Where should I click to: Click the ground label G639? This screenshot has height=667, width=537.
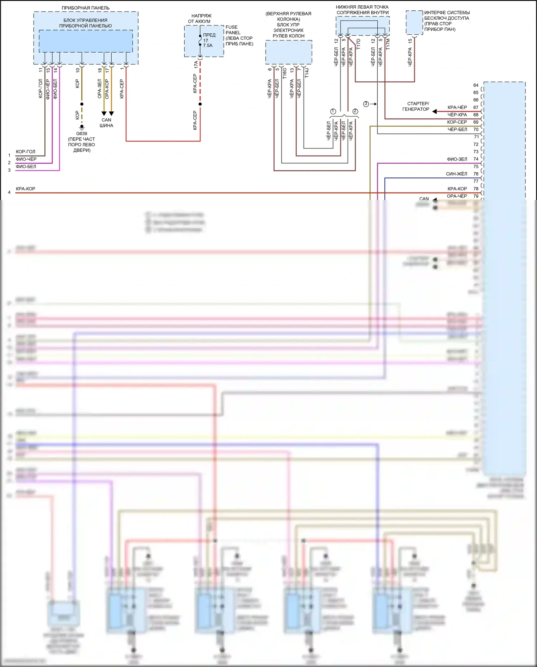pyautogui.click(x=82, y=134)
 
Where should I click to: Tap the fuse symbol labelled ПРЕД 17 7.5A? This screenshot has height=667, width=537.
pyautogui.click(x=200, y=40)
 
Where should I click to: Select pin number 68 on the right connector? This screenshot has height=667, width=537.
pyautogui.click(x=476, y=115)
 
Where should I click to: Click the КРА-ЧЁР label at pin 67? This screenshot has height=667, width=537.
pyautogui.click(x=457, y=107)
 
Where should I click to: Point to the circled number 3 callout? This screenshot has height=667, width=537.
pyautogui.click(x=366, y=104)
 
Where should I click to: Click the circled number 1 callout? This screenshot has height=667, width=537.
pyautogui.click(x=333, y=111)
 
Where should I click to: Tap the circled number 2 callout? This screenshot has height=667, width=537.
pyautogui.click(x=355, y=111)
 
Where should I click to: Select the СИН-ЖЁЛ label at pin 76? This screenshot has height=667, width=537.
pyautogui.click(x=456, y=174)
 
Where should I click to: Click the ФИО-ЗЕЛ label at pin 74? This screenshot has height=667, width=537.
pyautogui.click(x=457, y=159)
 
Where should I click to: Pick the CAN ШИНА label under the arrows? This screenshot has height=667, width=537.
pyautogui.click(x=106, y=123)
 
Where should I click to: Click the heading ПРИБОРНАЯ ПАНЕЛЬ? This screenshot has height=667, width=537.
pyautogui.click(x=86, y=8)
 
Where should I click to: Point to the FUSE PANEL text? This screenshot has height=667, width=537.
pyautogui.click(x=233, y=30)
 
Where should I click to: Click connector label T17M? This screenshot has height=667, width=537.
pyautogui.click(x=388, y=44)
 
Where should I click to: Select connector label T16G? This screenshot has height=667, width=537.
pyautogui.click(x=285, y=73)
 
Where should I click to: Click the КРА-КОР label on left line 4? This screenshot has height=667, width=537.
pyautogui.click(x=25, y=189)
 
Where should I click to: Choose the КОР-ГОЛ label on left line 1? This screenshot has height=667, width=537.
pyautogui.click(x=25, y=152)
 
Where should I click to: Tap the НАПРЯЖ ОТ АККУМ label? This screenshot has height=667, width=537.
pyautogui.click(x=201, y=19)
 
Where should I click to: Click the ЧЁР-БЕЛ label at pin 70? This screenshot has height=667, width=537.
pyautogui.click(x=457, y=129)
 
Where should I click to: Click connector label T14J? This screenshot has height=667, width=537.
pyautogui.click(x=307, y=73)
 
